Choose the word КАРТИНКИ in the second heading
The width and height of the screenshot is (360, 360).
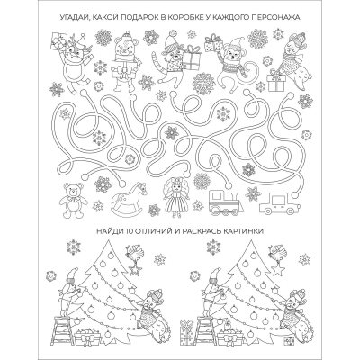tap(247, 233)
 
